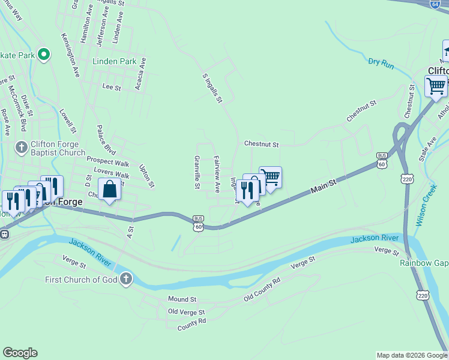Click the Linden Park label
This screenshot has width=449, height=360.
point(114,62)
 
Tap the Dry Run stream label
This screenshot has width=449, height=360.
point(381,62)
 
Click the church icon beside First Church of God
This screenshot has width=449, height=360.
point(125,278)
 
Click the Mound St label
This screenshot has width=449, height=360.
point(182,299)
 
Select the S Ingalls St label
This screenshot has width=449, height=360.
point(212,88)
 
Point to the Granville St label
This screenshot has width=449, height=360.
point(196,172)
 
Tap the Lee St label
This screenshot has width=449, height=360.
point(112,87)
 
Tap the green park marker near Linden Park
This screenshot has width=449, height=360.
point(43,55)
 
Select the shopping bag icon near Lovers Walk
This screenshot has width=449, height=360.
point(109,190)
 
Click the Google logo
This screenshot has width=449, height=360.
point(20,353)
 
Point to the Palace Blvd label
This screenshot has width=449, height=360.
point(106,140)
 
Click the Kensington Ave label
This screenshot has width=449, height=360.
point(70,55)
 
